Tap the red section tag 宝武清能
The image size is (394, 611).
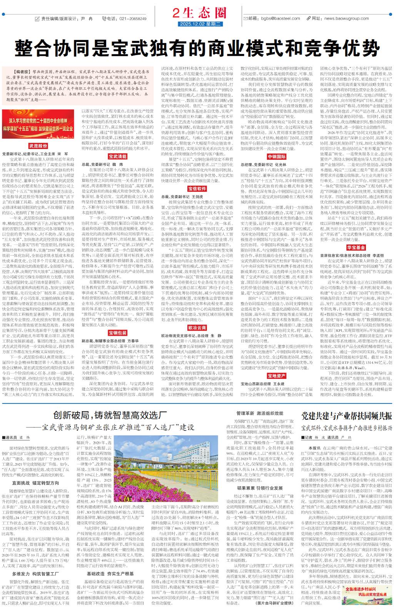(117, 157)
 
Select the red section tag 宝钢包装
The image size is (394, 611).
(117, 333)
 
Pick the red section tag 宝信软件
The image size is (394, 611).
(197, 189)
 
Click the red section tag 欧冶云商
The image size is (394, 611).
(197, 328)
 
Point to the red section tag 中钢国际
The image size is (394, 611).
(276, 157)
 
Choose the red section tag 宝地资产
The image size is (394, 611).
(276, 375)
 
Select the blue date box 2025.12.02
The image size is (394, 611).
(201, 25)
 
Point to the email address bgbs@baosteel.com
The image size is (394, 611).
(280, 18)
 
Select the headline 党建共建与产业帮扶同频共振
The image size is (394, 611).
(346, 416)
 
